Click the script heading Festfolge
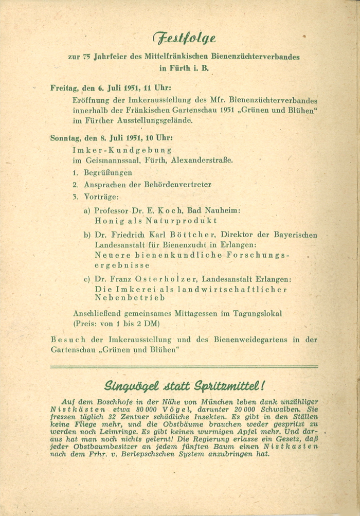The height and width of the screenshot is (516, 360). click(x=184, y=38)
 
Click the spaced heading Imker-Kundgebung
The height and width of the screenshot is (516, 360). click(x=122, y=150)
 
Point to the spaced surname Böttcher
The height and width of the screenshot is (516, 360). click(x=196, y=235)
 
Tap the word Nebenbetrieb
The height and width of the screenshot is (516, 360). click(x=130, y=298)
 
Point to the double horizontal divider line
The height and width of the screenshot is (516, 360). click(x=184, y=367)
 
